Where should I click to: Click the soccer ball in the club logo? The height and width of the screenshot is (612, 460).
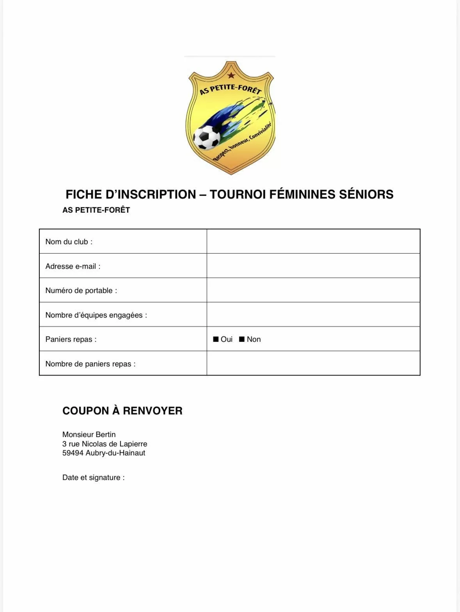(207, 137)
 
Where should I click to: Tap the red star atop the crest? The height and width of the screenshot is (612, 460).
(231, 75)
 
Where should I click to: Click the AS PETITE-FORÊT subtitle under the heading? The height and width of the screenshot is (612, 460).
(96, 210)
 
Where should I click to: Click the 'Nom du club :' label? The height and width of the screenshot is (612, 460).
(69, 242)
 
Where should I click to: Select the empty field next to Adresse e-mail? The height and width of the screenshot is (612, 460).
(313, 266)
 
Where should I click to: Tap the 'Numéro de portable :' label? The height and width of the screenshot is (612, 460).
(81, 290)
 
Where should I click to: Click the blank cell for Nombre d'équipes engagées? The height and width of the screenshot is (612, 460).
(313, 315)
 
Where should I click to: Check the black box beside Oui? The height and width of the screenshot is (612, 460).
(216, 339)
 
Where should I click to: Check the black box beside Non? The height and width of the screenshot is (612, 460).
(242, 339)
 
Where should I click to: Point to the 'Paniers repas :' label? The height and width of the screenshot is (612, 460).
(71, 339)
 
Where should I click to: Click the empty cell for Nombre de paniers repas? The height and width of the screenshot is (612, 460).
(313, 363)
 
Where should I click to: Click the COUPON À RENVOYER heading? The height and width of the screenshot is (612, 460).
(123, 411)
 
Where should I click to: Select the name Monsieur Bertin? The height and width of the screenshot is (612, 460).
(89, 434)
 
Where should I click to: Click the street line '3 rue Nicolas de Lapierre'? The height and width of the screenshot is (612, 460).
(105, 444)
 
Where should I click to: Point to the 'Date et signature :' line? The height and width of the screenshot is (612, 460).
(94, 477)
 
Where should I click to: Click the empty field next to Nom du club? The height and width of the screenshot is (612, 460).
(313, 241)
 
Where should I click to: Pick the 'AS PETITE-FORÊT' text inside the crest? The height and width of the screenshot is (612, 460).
(230, 89)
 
